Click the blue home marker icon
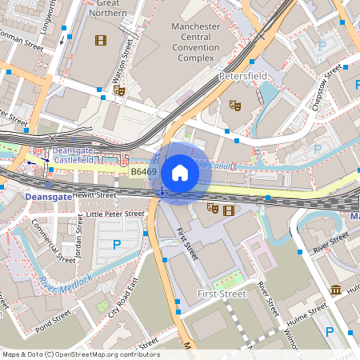180,173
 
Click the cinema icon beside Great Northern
101,40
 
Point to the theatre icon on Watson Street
119,90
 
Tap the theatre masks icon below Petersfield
235,104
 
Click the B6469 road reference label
143,171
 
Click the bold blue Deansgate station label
26,194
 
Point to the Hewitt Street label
95,194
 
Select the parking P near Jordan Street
117,244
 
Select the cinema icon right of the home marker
230,210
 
